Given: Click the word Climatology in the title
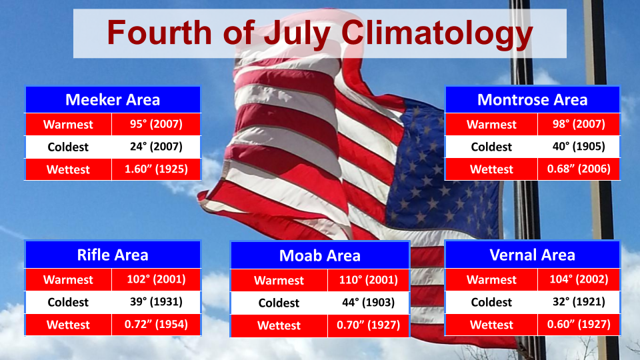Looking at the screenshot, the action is coord(437,33).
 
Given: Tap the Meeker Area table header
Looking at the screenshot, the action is coord(113,99).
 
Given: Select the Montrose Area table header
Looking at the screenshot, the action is coord(532,99).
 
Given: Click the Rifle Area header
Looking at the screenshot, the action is coord(113,255).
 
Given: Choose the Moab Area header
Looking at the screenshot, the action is coord(319,255).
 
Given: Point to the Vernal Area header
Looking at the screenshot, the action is coord(532,255).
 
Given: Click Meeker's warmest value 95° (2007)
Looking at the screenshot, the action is coord(156,124).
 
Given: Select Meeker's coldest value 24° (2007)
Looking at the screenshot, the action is coord(156,147).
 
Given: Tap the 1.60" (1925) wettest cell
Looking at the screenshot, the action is coord(156,169).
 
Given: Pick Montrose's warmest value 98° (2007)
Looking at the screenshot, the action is coord(579,124).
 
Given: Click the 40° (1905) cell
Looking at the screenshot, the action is coord(579,147).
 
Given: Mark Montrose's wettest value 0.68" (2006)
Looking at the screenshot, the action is coord(579,169).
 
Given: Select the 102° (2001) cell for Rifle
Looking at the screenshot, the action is coord(156,279).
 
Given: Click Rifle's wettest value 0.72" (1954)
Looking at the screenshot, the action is coord(156,324).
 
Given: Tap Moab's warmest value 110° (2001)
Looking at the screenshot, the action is coord(369,280).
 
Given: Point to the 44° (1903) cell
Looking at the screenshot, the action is coord(369,303).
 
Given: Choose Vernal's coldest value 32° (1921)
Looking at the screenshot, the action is coord(579,301).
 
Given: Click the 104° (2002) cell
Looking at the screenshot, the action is coord(579,279).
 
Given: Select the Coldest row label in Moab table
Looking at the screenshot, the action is coord(279,303).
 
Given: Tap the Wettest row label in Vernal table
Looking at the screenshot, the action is coord(491,325).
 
